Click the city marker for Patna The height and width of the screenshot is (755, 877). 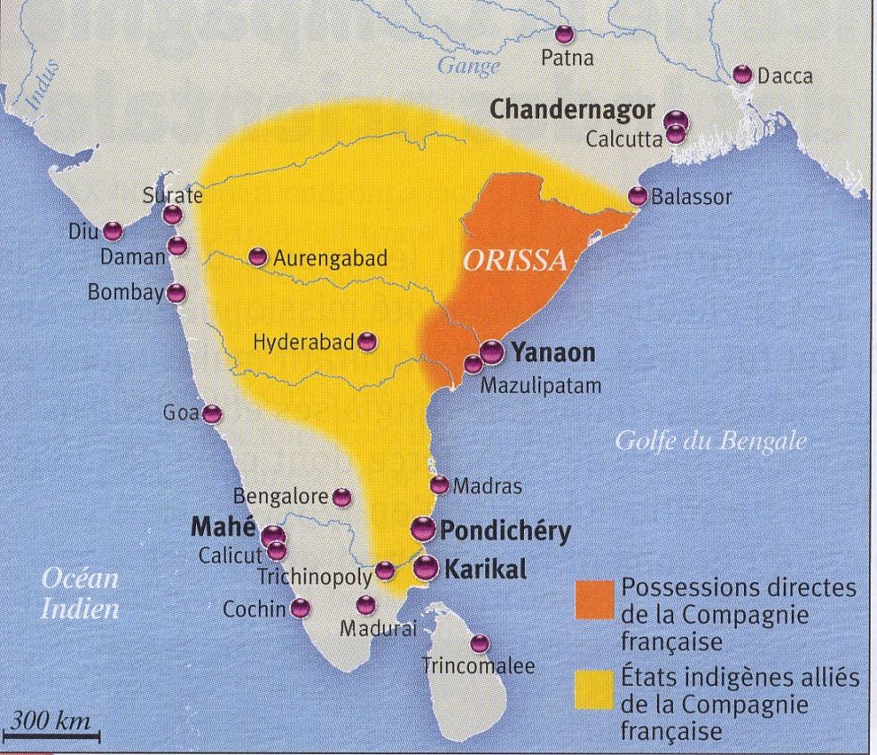[x=564, y=35]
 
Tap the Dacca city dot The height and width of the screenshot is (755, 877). [x=742, y=75]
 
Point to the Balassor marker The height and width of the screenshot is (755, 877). [x=638, y=196]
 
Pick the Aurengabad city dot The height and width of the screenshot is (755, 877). [x=258, y=257]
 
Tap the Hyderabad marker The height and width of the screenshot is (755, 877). [x=368, y=342]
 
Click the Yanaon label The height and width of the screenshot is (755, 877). [x=554, y=353]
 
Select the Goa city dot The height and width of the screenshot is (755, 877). [x=211, y=414]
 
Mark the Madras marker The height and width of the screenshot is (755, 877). [x=438, y=485]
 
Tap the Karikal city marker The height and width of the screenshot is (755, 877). [x=426, y=567]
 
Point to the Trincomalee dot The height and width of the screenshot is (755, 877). [x=480, y=644]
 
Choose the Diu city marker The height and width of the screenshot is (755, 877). [x=112, y=231]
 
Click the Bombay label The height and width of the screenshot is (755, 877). [x=126, y=293]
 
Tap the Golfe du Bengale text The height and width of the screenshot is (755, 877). [x=710, y=441]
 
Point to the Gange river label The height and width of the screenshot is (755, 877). [x=468, y=67]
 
